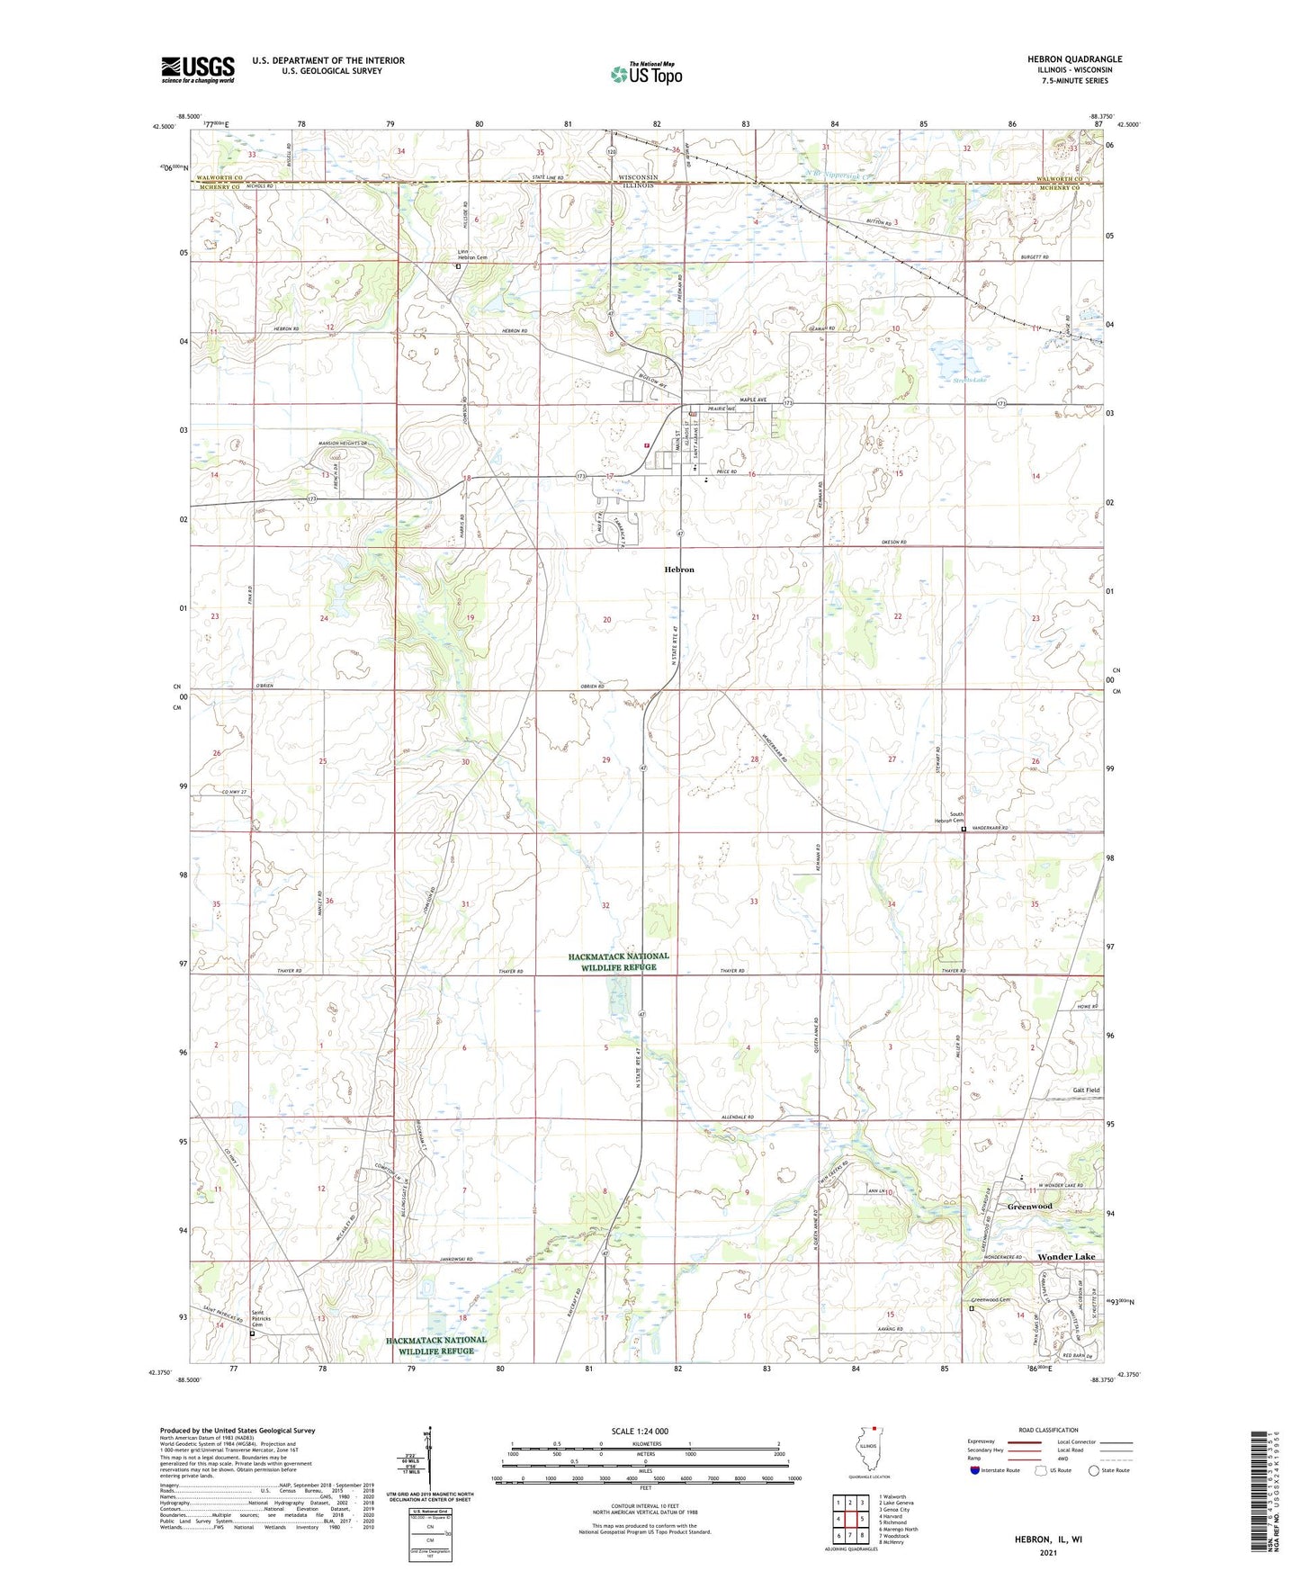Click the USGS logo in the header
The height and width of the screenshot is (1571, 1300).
point(197,69)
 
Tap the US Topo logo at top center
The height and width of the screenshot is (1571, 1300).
point(645,74)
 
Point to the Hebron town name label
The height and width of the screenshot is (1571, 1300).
point(679,570)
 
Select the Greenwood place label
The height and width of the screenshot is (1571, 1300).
point(1029,1206)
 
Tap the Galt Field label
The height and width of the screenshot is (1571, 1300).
point(1086,1090)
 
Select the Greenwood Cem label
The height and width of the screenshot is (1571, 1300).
point(991,1299)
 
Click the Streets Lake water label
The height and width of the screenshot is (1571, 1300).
point(970,381)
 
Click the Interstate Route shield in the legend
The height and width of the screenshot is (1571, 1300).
point(977,1470)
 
